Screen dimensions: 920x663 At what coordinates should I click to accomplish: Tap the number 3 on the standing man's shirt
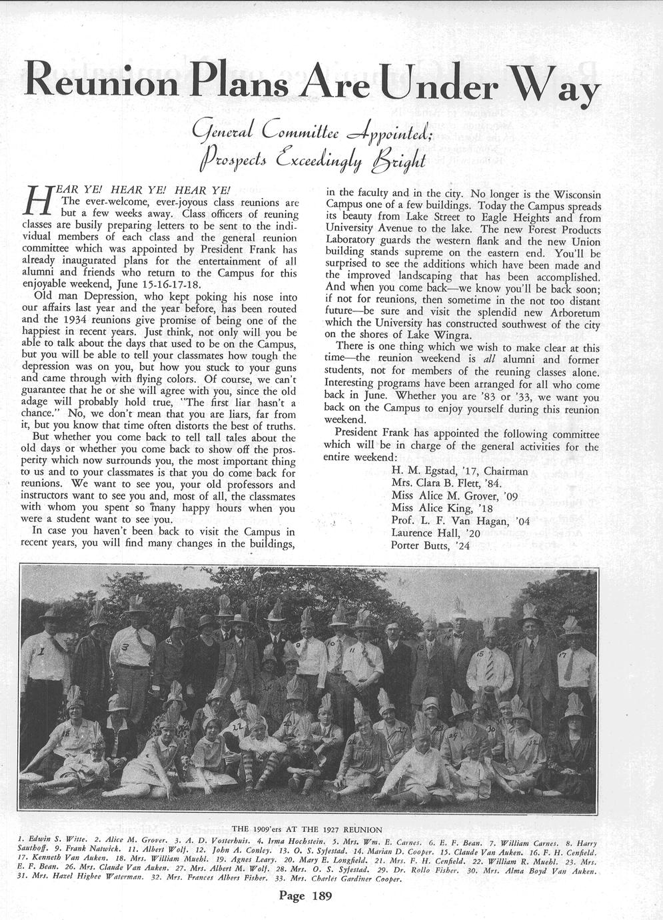coord(124,647)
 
